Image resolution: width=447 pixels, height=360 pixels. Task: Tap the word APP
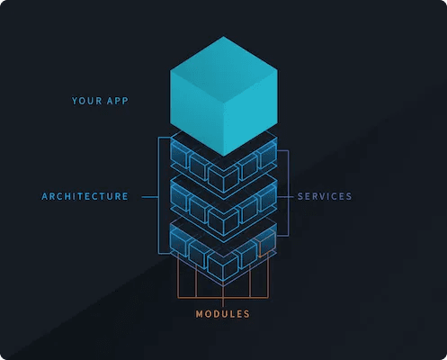point(118,101)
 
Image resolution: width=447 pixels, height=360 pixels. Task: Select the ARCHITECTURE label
point(85,196)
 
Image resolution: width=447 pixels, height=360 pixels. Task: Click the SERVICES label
point(325,196)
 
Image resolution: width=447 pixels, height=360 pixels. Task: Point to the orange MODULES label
point(223,314)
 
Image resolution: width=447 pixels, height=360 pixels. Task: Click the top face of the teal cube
point(224,71)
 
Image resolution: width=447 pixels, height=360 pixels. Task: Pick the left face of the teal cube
point(197,112)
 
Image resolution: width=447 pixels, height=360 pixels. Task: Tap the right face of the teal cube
point(251,112)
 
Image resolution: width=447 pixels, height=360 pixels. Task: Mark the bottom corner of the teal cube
point(224,156)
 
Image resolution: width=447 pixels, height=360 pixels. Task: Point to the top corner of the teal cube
point(224,37)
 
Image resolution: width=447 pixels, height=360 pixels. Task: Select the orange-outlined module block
point(267,244)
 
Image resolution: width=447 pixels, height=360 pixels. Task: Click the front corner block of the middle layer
point(223,221)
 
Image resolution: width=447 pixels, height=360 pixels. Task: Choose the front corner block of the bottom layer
point(223,265)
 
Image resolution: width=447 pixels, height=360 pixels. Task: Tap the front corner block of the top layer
point(223,178)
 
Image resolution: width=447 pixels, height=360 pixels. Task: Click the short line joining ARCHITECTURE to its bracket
point(149,197)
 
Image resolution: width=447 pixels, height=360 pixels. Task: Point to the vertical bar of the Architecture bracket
point(158,195)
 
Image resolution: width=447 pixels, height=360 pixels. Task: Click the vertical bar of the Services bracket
point(289,193)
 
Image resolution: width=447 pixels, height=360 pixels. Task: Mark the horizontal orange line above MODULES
point(223,298)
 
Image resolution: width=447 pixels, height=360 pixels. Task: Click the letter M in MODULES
point(200,314)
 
